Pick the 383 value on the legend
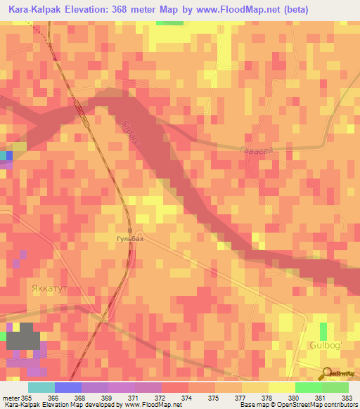click(345, 398)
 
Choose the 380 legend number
click(292, 398)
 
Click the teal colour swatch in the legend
click(41, 387)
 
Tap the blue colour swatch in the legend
click(67, 387)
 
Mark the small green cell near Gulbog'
click(323, 332)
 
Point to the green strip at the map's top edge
click(169, 22)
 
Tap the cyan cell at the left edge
click(4, 155)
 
